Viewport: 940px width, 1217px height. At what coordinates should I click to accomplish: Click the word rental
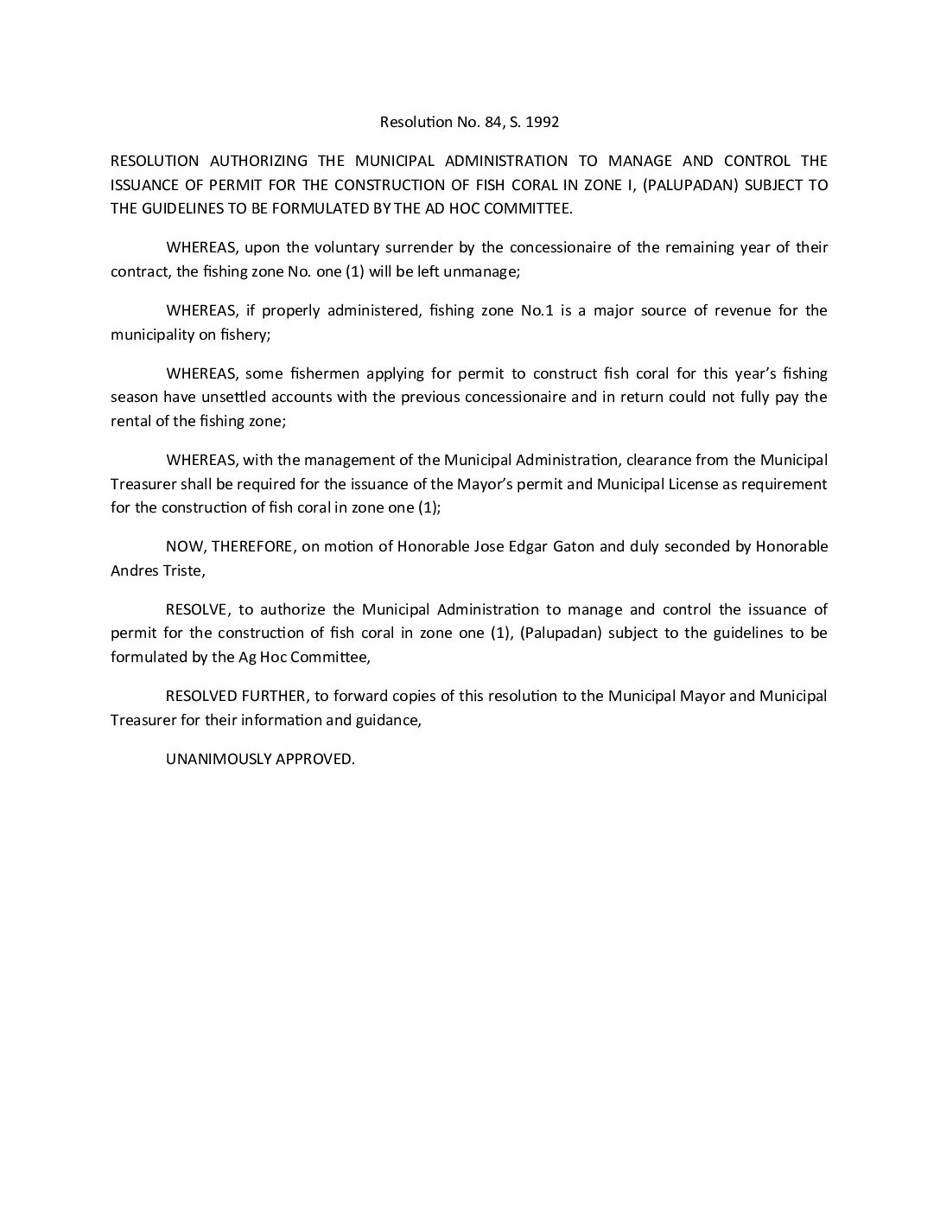click(x=130, y=420)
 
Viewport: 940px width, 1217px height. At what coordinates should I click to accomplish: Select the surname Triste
click(x=179, y=570)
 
